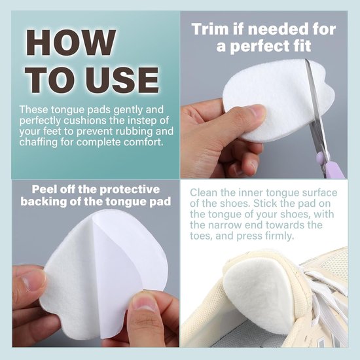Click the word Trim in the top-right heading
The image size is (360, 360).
[x=211, y=29]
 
